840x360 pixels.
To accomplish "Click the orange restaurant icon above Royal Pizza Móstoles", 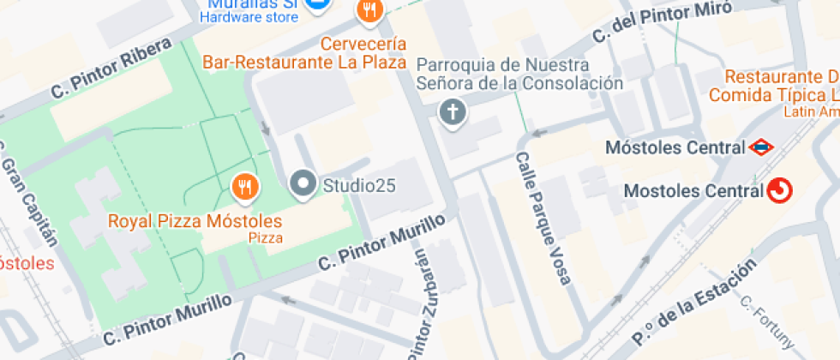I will [x=244, y=185].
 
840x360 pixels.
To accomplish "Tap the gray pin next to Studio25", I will [x=302, y=183].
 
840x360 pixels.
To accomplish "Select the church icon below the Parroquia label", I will [x=453, y=111].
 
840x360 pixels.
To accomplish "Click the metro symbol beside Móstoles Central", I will [x=759, y=147].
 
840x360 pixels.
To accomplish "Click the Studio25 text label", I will [x=358, y=184].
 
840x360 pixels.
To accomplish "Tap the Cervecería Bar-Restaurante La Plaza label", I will [x=304, y=52].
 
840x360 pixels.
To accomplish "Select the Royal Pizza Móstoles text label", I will [x=195, y=221].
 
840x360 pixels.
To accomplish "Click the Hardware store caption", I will [x=249, y=16].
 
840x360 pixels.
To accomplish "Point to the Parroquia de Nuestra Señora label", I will [x=519, y=74].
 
